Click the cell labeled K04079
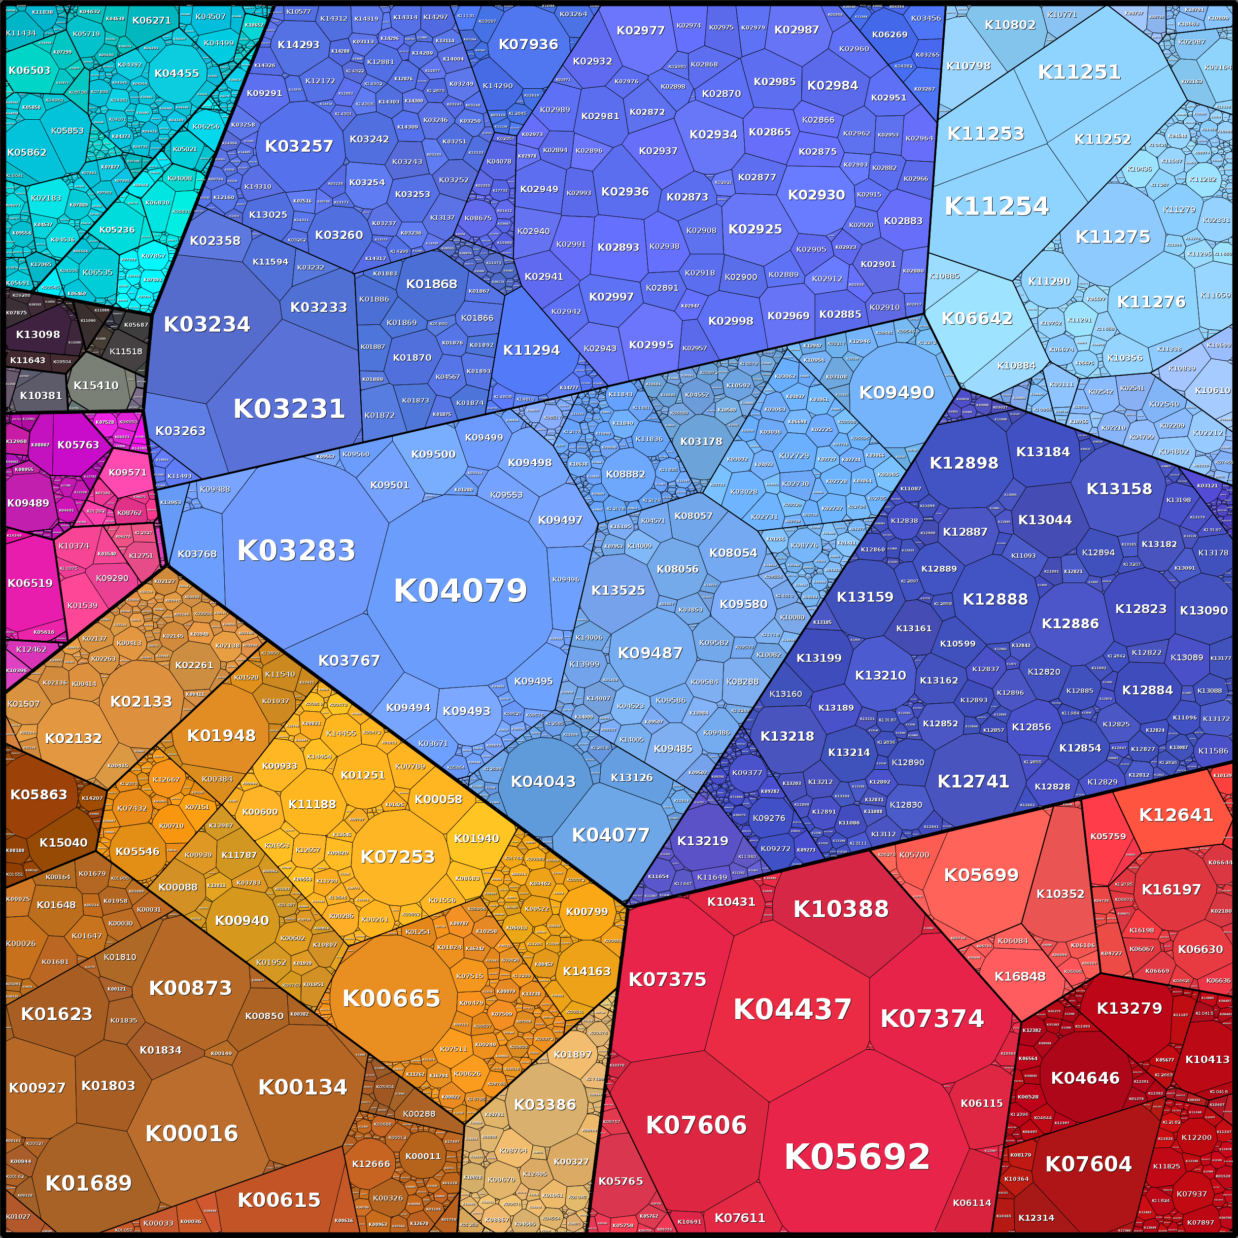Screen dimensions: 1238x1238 [460, 590]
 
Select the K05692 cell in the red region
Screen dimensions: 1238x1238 [857, 1157]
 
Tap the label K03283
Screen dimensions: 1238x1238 [296, 550]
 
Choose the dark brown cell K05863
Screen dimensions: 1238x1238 [38, 794]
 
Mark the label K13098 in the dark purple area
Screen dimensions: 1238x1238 [38, 335]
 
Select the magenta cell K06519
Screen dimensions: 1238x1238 [30, 583]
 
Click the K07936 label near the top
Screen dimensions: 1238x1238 [528, 44]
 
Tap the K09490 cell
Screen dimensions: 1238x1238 [896, 393]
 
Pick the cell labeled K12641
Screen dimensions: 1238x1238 [1176, 815]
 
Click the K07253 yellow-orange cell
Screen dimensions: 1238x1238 [397, 857]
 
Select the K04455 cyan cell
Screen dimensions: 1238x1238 [176, 73]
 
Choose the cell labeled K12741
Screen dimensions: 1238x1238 [973, 781]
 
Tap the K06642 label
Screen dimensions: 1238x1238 [977, 318]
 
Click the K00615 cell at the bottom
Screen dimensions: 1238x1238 [279, 1200]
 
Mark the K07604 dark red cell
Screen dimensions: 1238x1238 [1088, 1164]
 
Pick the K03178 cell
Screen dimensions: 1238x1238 [701, 442]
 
